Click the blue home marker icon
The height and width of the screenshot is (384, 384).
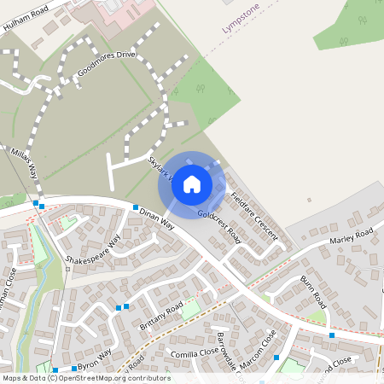[x=192, y=183]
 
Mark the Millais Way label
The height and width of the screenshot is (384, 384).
[x=25, y=163]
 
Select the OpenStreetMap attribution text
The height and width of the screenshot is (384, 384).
[x=85, y=377]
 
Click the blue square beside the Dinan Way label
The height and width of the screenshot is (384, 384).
[x=135, y=207]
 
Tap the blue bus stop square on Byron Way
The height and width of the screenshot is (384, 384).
[x=74, y=369]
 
